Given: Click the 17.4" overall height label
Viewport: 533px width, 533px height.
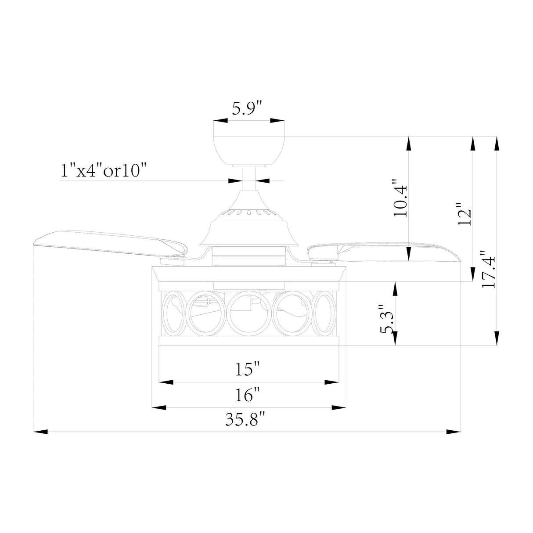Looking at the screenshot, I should tap(488, 269).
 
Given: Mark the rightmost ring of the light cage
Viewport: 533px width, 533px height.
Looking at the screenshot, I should tap(326, 313).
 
